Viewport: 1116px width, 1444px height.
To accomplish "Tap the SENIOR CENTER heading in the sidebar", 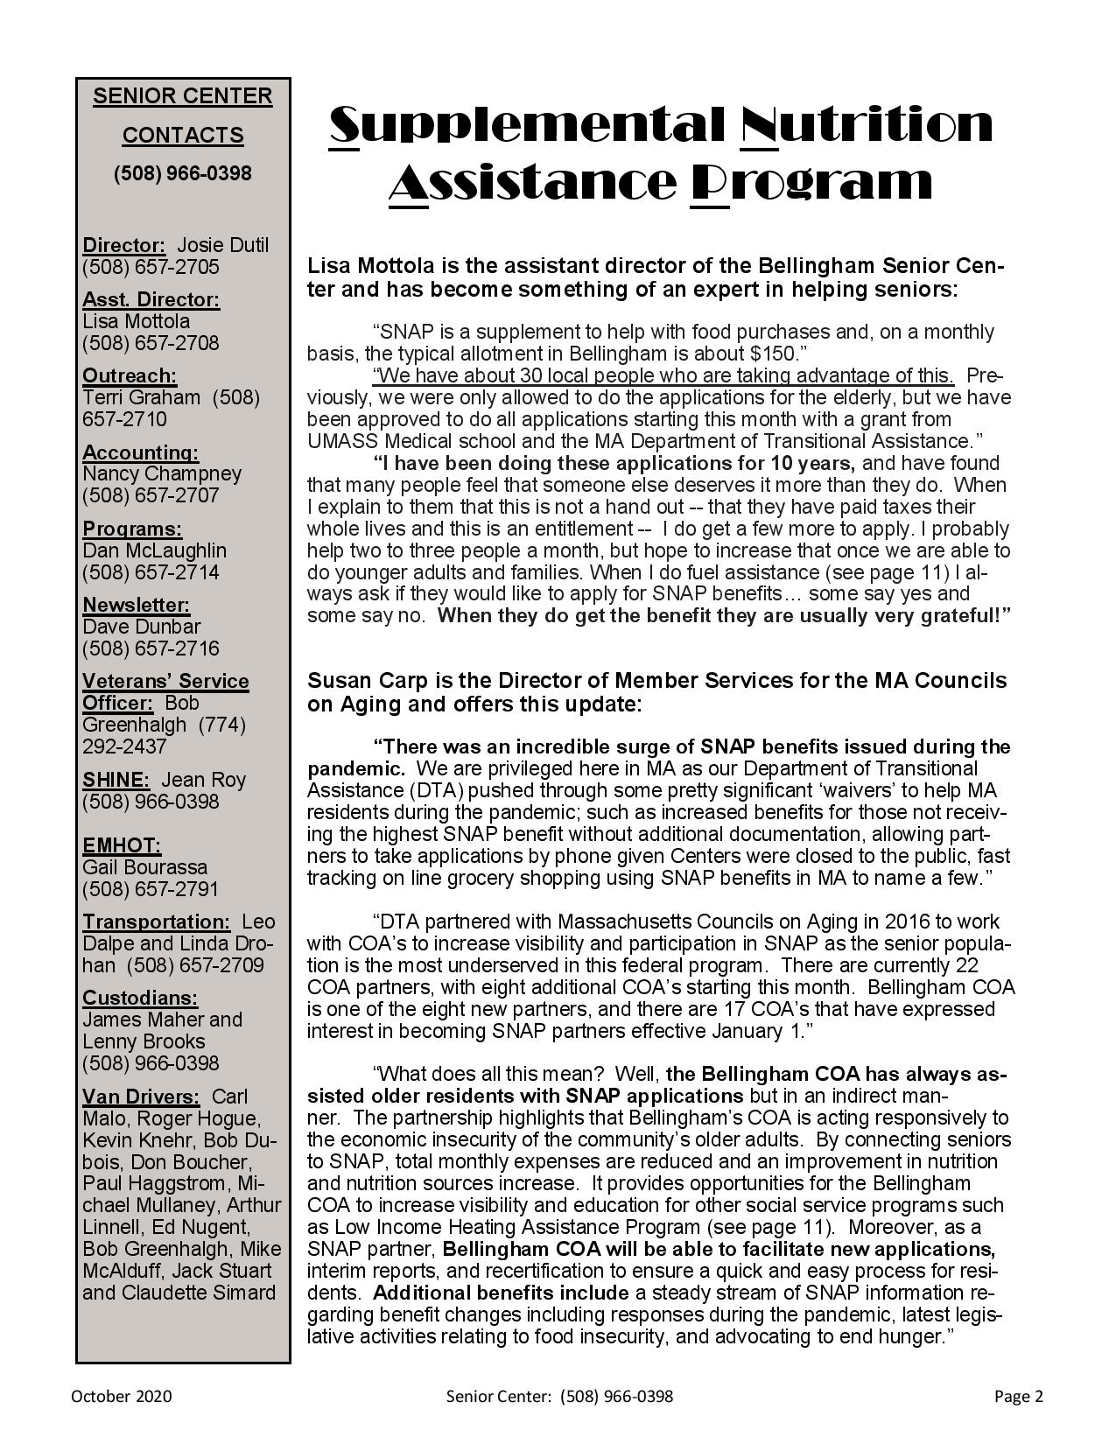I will [182, 96].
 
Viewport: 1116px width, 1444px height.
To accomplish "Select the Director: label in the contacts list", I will [123, 245].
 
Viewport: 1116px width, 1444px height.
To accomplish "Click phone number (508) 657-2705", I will [151, 267].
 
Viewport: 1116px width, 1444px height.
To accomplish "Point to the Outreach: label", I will [130, 375].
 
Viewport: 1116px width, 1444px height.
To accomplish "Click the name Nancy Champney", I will [162, 473].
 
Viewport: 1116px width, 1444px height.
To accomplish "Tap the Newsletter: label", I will [136, 605].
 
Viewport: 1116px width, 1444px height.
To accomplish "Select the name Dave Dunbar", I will [141, 627].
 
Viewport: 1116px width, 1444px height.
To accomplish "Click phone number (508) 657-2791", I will [151, 889].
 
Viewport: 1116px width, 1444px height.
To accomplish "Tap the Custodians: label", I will [140, 998].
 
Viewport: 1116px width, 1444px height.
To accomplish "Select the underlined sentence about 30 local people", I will [663, 375].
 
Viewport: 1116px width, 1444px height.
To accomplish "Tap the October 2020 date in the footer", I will [122, 1397].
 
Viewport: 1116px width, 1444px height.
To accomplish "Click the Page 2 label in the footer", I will [1018, 1397].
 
